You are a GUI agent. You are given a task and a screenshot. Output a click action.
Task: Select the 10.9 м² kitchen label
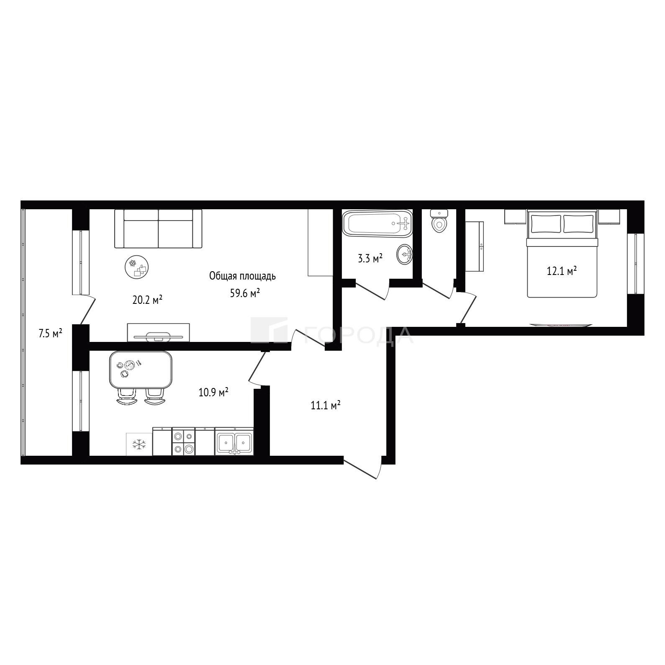(213, 392)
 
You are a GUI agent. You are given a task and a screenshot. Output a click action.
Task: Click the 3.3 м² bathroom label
(370, 259)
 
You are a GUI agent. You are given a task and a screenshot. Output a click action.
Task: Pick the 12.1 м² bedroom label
(562, 271)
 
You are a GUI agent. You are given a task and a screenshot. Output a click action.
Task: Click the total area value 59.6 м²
(245, 293)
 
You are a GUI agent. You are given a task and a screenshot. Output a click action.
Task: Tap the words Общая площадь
(242, 276)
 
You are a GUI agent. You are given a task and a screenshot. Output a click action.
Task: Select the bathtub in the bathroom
(377, 223)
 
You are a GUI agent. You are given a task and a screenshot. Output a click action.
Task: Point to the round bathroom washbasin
(404, 254)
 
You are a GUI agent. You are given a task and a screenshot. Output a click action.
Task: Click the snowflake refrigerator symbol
(139, 444)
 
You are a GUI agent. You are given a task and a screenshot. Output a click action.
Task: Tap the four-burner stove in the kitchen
(184, 441)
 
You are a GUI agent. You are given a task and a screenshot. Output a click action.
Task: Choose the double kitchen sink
(234, 442)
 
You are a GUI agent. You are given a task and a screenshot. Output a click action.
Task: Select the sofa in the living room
(158, 229)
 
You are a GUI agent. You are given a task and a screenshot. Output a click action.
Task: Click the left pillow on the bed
(546, 223)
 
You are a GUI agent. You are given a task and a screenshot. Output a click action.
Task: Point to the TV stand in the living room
(158, 332)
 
